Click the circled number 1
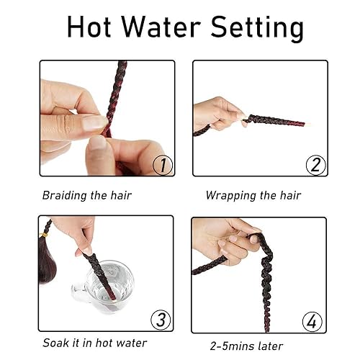pos(163,165)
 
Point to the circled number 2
pos(316,165)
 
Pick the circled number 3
pos(162,319)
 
